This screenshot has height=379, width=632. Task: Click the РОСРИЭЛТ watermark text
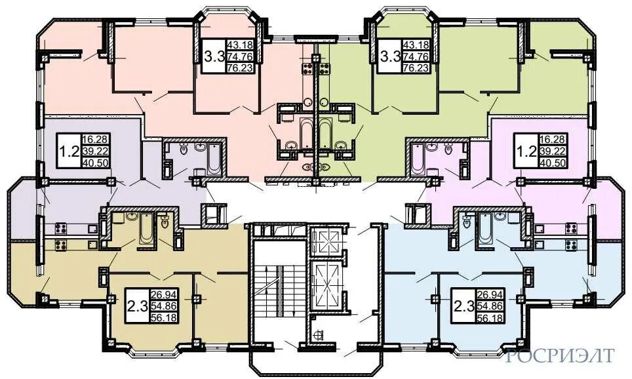(561, 355)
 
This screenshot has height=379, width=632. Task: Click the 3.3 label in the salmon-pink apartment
(214, 56)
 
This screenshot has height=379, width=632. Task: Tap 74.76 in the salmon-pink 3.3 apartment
(241, 56)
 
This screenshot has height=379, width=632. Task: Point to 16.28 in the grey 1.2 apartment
(95, 140)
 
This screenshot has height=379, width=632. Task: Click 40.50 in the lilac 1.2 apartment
(553, 163)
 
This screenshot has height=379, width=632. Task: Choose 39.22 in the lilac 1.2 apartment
(553, 151)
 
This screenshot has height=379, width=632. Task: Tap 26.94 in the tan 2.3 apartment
(164, 295)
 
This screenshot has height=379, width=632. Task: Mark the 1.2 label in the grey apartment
(69, 151)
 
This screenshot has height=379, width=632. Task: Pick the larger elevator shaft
(326, 285)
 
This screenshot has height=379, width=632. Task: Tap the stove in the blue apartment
(571, 245)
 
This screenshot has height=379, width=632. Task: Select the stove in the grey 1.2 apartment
(61, 229)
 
